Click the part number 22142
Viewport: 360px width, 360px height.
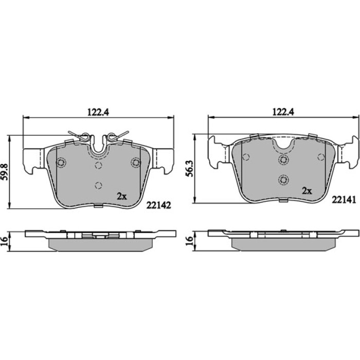[x=159, y=205]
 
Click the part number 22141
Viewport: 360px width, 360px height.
[x=344, y=200]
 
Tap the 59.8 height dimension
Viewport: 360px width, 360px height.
[x=5, y=172]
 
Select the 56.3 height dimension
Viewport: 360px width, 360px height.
[x=190, y=169]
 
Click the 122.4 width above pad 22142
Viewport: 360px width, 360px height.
[x=98, y=112]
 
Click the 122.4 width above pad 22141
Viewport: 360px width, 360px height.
[x=283, y=112]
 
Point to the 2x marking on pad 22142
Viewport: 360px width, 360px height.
[x=122, y=196]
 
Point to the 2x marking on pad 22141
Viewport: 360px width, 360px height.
[x=307, y=191]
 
